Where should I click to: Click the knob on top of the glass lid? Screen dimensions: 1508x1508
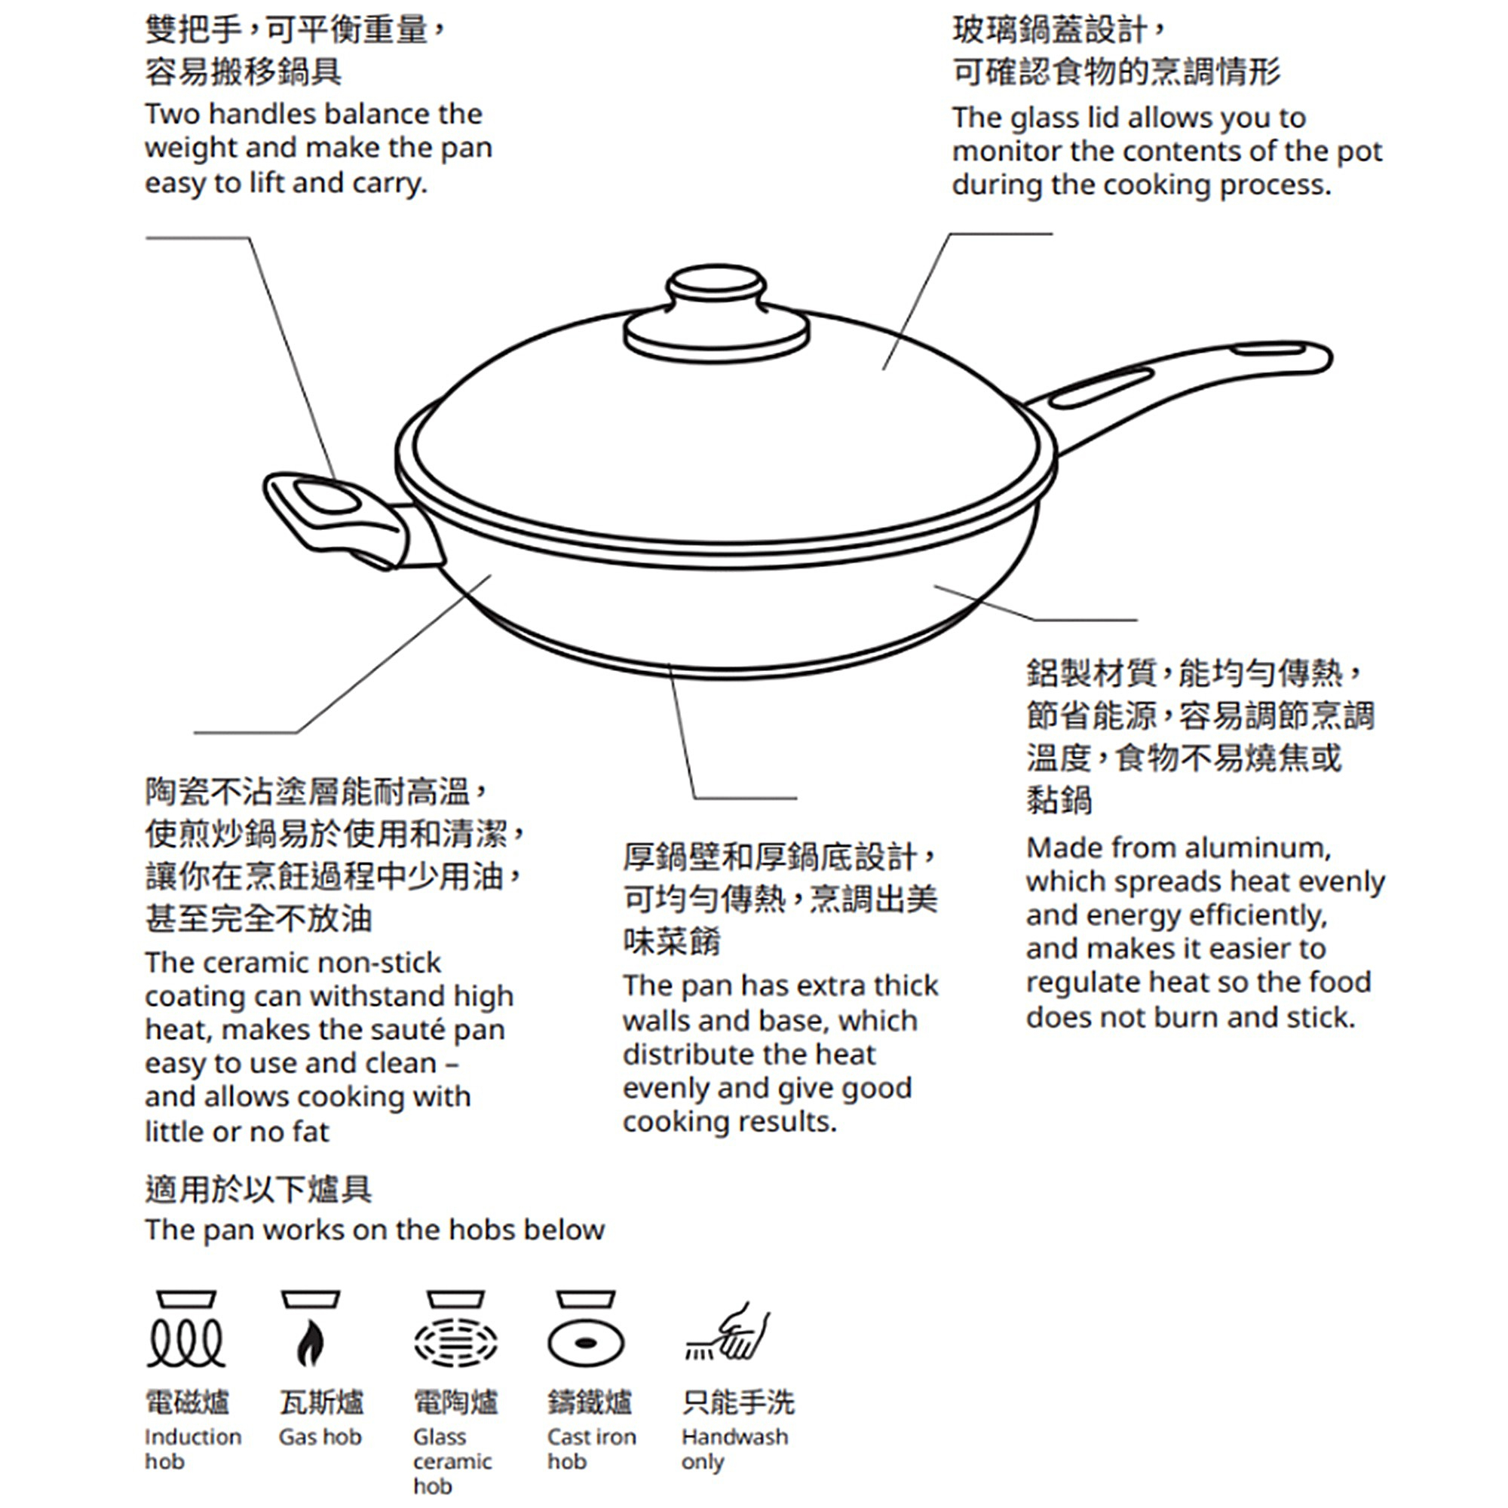click(716, 312)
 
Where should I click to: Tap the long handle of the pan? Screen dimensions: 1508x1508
click(1186, 382)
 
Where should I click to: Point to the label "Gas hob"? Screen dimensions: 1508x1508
click(320, 1437)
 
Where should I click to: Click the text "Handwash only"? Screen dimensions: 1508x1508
click(734, 1448)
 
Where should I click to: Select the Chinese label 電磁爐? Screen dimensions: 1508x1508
click(187, 1402)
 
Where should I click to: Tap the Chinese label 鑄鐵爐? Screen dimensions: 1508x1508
click(590, 1402)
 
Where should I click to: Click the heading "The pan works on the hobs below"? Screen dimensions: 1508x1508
click(375, 1230)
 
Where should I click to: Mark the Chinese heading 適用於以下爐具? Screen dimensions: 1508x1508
click(259, 1190)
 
